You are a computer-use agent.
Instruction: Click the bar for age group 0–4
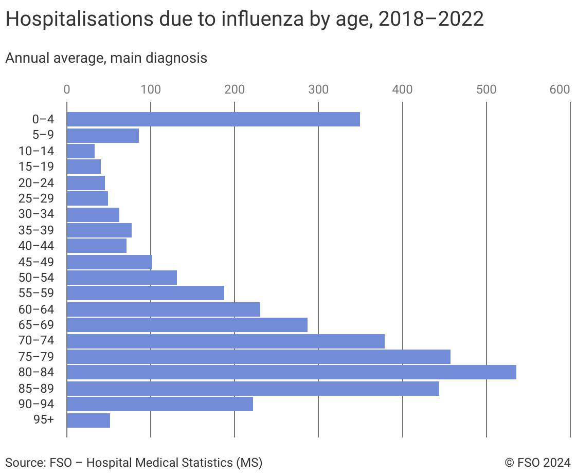213,119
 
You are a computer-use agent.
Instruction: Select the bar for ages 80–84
291,372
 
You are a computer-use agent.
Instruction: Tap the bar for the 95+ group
88,420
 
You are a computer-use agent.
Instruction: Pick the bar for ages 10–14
81,151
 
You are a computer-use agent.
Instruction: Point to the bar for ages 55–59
146,293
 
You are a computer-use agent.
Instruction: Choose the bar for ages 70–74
225,341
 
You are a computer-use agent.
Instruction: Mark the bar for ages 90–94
159,404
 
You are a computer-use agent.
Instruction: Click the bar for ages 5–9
102,135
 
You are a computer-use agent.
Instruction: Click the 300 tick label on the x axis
318,89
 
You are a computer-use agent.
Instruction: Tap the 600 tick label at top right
560,89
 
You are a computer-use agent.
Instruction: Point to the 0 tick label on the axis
67,89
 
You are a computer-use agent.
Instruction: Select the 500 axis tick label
486,89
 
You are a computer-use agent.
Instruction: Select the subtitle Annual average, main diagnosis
106,58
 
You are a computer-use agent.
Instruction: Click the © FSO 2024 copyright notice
537,463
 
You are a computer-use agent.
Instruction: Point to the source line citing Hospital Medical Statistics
134,463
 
